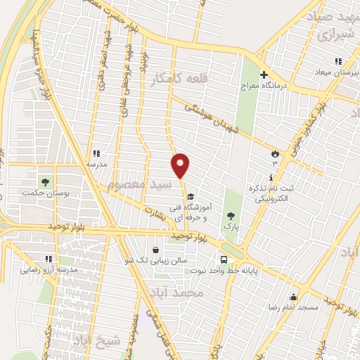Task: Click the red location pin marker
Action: point(181,165)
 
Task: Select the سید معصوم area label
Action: point(136,184)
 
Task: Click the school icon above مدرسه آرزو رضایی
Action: point(49,259)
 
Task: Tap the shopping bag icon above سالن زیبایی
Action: point(155,249)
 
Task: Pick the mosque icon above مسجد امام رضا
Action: point(292,297)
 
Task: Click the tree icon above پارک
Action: point(231,217)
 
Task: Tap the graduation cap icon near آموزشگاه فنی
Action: point(191,196)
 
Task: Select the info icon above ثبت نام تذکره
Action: point(272,176)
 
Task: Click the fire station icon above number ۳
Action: point(275,153)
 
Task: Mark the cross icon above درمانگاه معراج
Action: point(264,75)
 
